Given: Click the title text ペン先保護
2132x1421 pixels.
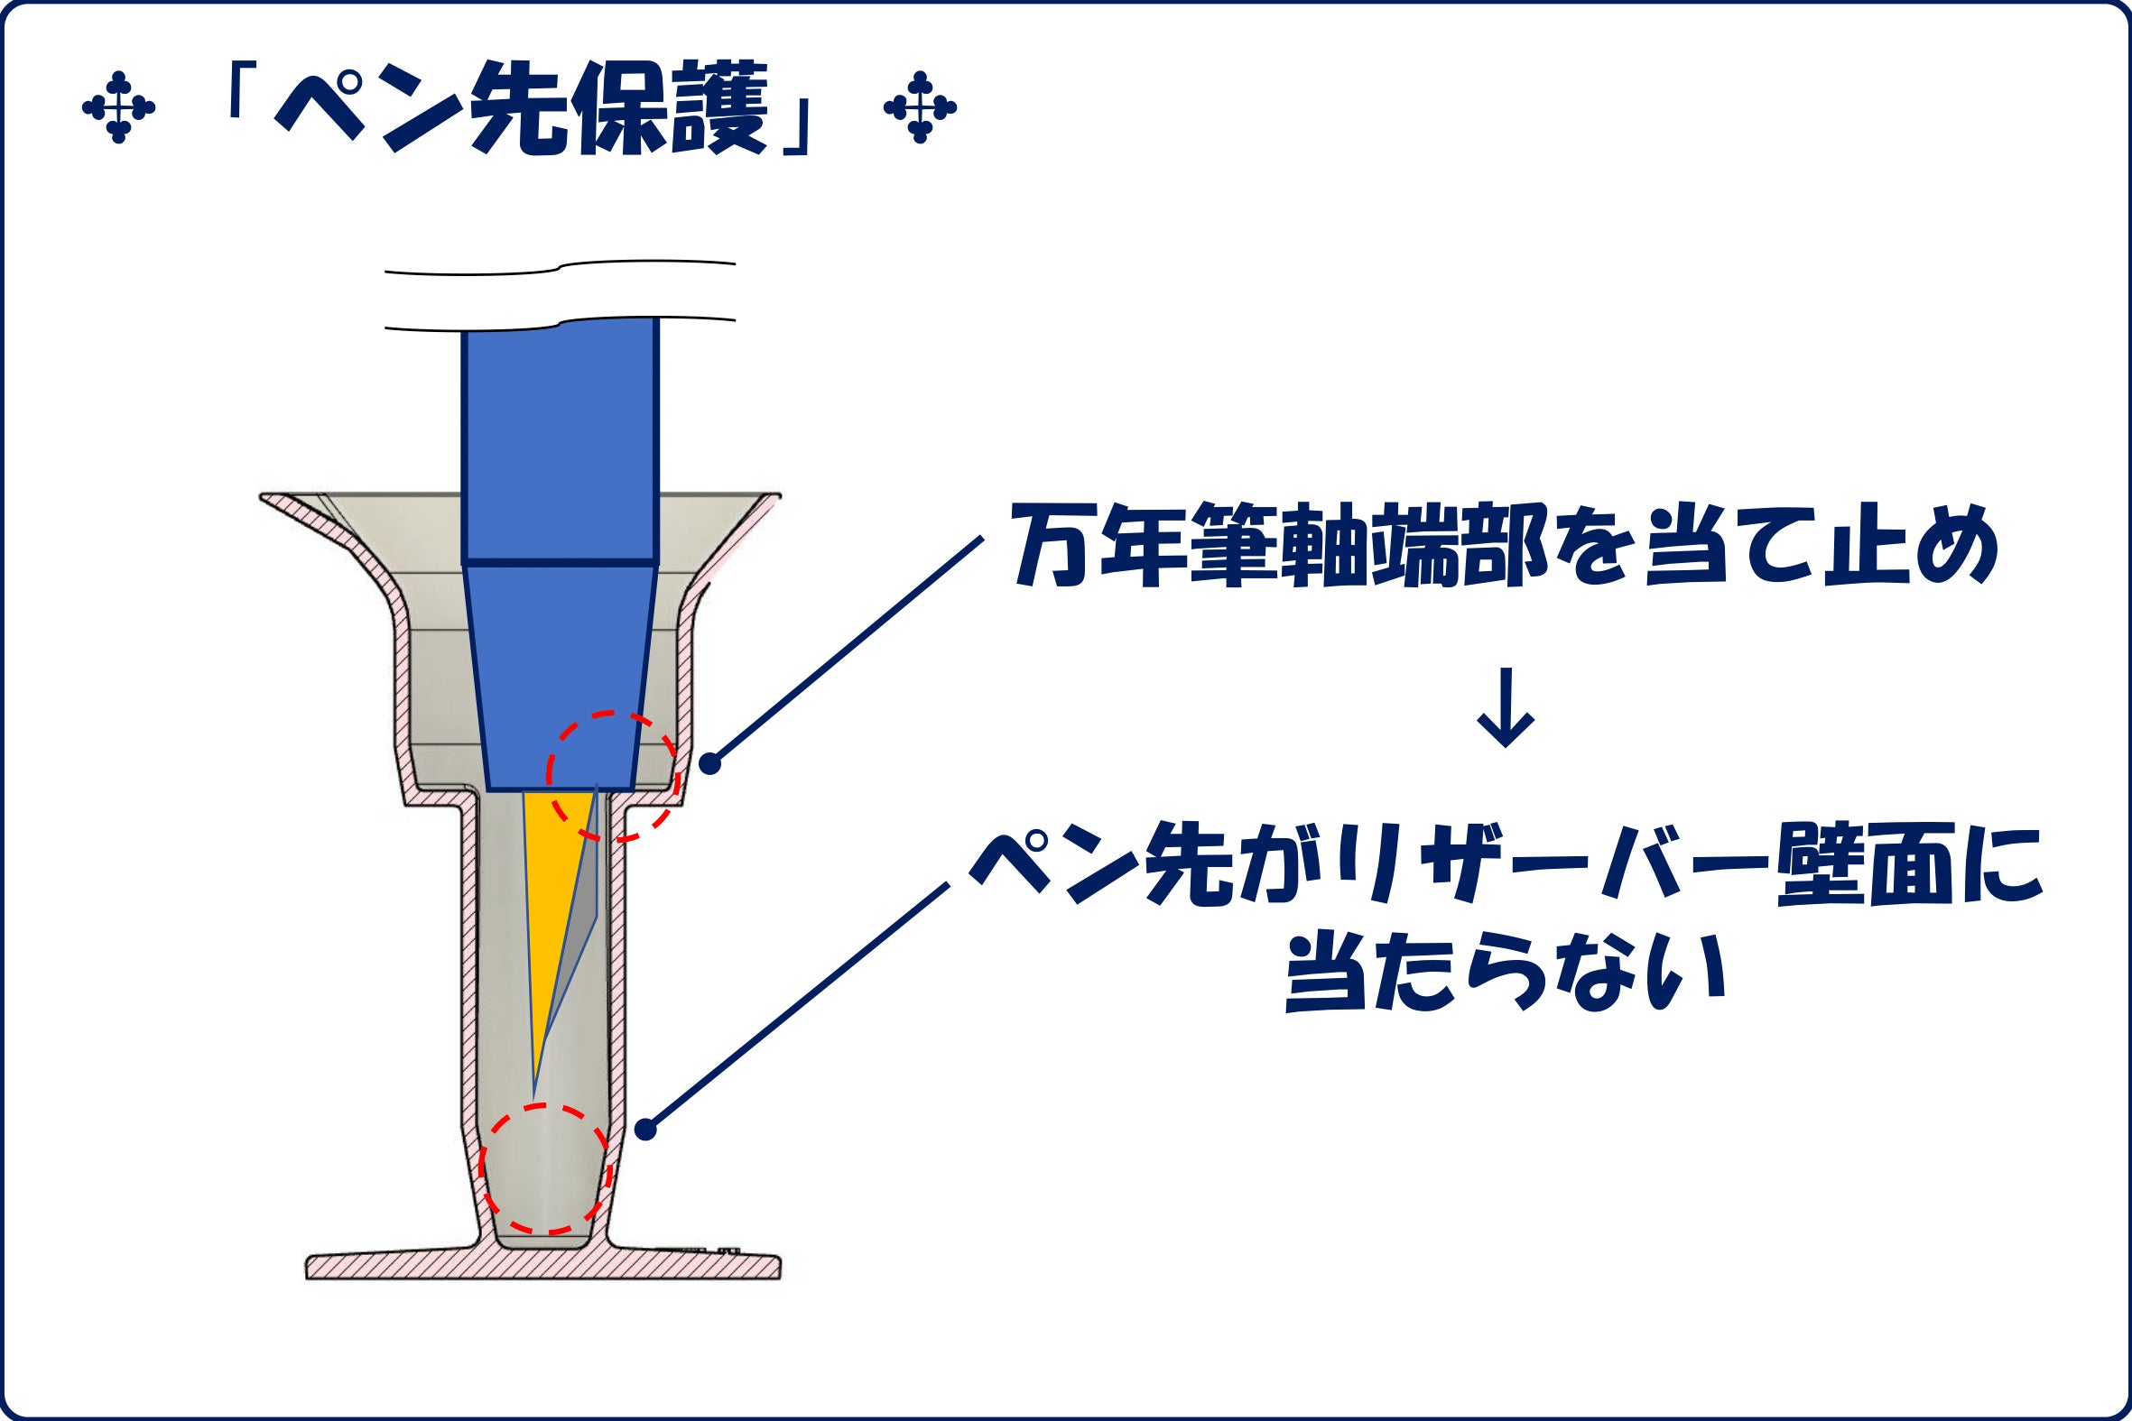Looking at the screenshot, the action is click(x=520, y=108).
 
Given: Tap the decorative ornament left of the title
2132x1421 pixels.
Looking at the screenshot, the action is click(x=118, y=108).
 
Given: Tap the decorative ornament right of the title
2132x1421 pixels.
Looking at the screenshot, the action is click(x=920, y=108).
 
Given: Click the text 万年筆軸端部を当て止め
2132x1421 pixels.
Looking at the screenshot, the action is click(x=1505, y=547).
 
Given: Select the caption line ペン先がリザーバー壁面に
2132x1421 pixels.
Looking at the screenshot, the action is click(x=1506, y=866).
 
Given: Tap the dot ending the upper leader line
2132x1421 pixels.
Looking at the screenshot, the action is click(x=709, y=764).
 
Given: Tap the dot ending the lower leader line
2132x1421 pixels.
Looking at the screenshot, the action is click(x=645, y=1130).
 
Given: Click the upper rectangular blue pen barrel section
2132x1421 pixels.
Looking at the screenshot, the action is click(x=560, y=441).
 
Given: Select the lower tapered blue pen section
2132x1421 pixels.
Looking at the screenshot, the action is click(x=561, y=676).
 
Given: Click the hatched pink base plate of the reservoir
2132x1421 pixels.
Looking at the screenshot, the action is click(x=543, y=1264).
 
